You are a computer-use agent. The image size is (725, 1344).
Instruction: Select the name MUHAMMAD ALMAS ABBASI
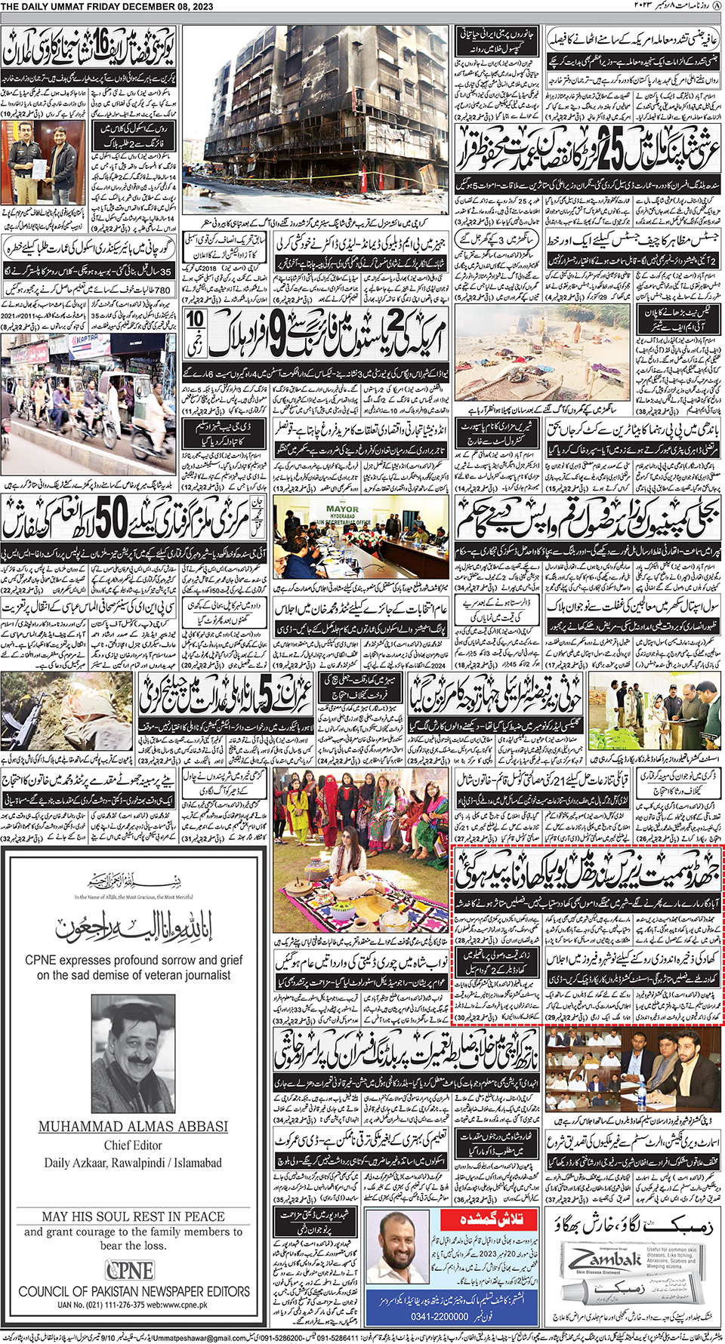(133, 1126)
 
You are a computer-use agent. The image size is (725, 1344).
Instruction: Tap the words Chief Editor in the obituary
(133, 1145)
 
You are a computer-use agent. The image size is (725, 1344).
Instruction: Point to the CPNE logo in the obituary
(130, 1270)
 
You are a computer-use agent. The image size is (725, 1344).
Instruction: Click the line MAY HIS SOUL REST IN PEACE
(133, 1216)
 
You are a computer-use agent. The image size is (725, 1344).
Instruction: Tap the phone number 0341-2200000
(440, 1316)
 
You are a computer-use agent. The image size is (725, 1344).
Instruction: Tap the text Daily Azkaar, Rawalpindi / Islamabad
(133, 1163)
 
